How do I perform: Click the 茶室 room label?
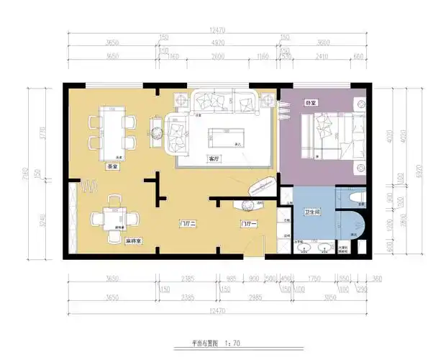(x=111, y=166)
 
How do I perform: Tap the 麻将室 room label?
(x=132, y=240)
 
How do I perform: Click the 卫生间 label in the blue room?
(x=313, y=212)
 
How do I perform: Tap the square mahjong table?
(x=115, y=216)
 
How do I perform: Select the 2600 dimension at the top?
(x=218, y=56)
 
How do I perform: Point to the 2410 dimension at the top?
(x=322, y=56)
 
